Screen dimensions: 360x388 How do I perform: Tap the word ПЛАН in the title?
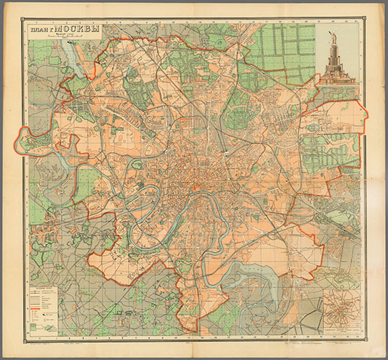point(40,32)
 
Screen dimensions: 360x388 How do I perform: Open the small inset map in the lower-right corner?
point(340,310)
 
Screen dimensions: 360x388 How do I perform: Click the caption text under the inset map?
point(340,330)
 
